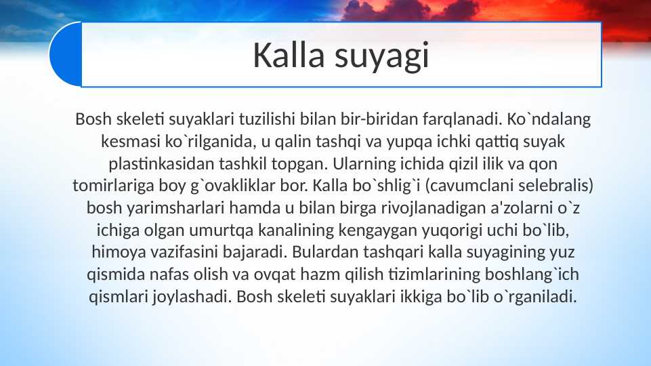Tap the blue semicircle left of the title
tap(65, 54)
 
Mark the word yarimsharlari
tap(158, 209)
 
